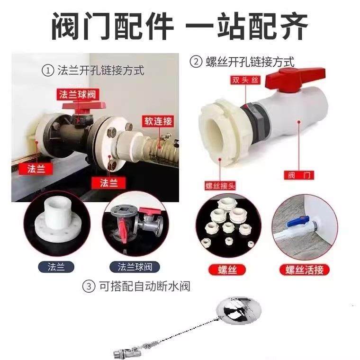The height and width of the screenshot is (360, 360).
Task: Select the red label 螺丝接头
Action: pyautogui.click(x=219, y=184)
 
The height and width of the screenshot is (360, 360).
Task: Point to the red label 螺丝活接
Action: pyautogui.click(x=304, y=270)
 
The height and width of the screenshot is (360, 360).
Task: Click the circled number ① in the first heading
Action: pyautogui.click(x=47, y=71)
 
